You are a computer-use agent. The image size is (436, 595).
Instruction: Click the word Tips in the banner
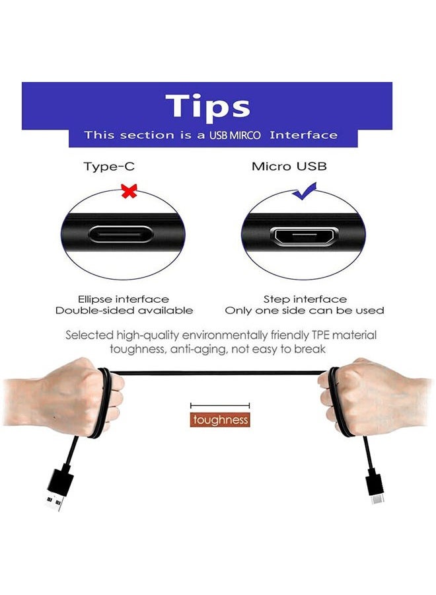[x=208, y=106]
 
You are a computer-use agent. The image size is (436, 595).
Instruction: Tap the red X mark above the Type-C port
[x=129, y=191]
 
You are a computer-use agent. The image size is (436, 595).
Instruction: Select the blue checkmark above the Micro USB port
[x=305, y=191]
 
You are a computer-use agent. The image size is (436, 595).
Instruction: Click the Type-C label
[x=109, y=167]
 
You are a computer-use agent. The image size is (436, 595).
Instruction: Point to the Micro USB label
[x=289, y=166]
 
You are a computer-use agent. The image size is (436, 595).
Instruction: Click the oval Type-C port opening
[x=121, y=235]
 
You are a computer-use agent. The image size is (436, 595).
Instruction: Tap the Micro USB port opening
[x=304, y=237]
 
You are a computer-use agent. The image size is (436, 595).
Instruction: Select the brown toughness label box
[x=220, y=420]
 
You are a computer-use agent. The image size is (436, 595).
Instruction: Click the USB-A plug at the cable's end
[x=58, y=491]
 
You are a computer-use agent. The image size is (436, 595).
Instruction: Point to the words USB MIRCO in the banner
[x=235, y=136]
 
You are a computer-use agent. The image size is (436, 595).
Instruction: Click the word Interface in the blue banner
[x=303, y=135]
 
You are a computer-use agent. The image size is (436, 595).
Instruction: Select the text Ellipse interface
[x=124, y=299]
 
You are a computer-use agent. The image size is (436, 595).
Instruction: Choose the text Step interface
[x=305, y=299]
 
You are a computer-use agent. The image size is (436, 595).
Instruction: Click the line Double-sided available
[x=124, y=311]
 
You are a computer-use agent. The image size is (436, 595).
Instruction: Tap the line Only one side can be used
[x=305, y=311]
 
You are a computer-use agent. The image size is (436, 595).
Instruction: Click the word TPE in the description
[x=321, y=335]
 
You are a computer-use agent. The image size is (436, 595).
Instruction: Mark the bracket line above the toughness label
[x=220, y=406]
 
